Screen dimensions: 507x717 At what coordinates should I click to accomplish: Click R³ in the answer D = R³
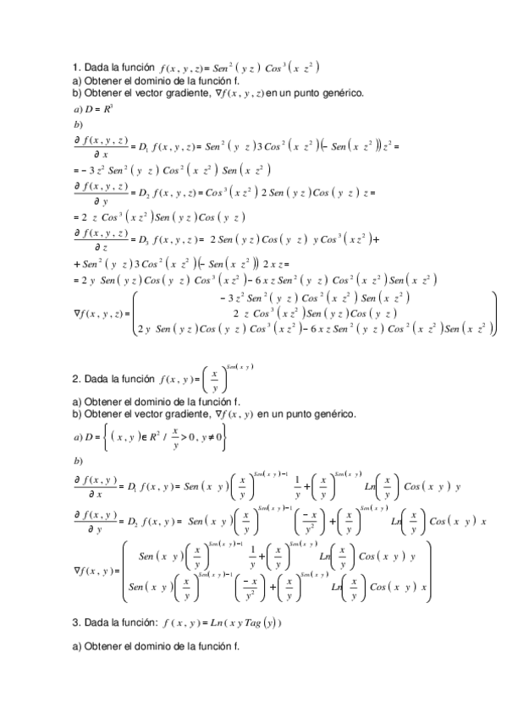click(108, 110)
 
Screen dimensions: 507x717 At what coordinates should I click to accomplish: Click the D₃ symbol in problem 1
click(141, 239)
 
